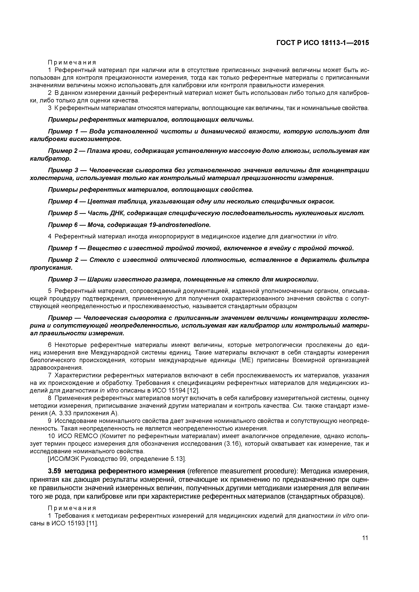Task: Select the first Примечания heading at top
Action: point(72,63)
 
